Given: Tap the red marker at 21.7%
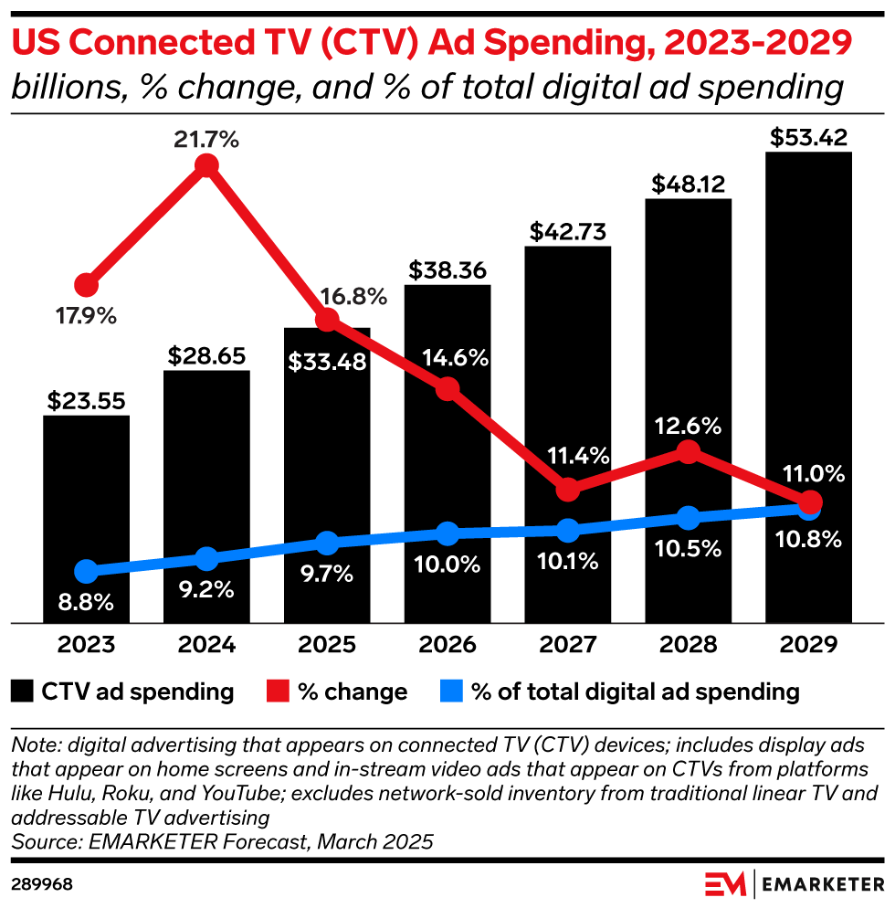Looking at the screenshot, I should [206, 166].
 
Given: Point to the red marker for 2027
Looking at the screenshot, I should [568, 490].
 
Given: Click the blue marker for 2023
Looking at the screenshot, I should [86, 572].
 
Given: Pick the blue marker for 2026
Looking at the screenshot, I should [447, 533].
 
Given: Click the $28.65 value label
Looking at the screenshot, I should [206, 355].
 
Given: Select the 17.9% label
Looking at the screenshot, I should [86, 316].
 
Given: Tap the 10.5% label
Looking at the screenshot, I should [689, 550].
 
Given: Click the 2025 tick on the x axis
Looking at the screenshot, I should [327, 645].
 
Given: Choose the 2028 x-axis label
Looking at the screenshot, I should [689, 645].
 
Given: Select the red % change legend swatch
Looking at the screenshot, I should [280, 692].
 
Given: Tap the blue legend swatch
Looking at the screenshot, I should [453, 692].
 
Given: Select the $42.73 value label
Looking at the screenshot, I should [568, 231].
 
